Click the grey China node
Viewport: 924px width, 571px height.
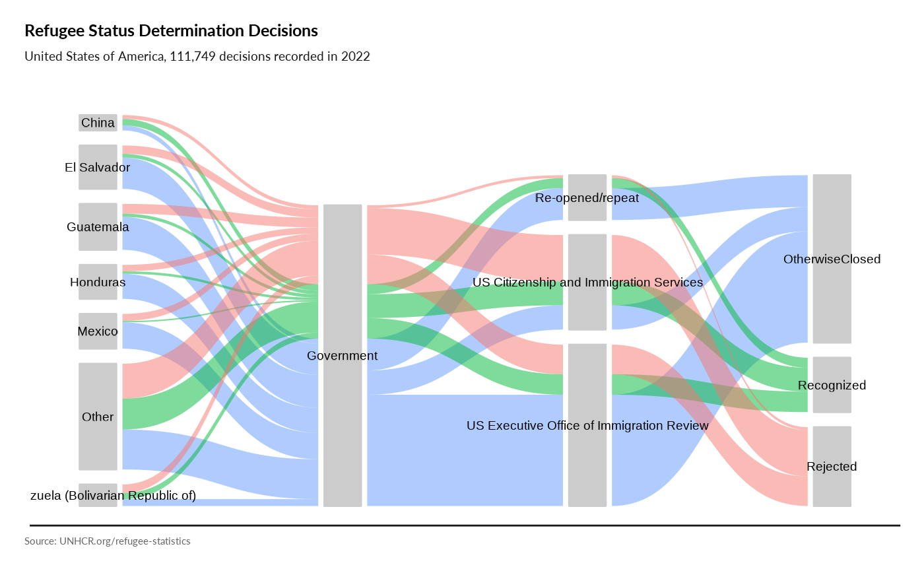(x=98, y=123)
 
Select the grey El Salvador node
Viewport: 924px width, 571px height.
(x=98, y=167)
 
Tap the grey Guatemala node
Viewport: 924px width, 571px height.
(x=98, y=226)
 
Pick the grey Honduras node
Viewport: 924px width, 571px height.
(x=98, y=282)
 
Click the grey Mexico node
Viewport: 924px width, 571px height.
(x=98, y=331)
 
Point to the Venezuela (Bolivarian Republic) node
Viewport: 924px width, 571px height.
(x=98, y=495)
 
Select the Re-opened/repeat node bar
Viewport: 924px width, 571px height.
(x=587, y=197)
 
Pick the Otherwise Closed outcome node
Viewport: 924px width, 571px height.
(x=832, y=259)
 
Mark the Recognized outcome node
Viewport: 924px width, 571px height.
(x=832, y=385)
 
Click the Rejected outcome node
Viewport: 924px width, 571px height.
(x=832, y=466)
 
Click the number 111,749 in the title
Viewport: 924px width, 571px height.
(x=192, y=57)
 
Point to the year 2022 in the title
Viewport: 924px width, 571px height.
(x=356, y=57)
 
